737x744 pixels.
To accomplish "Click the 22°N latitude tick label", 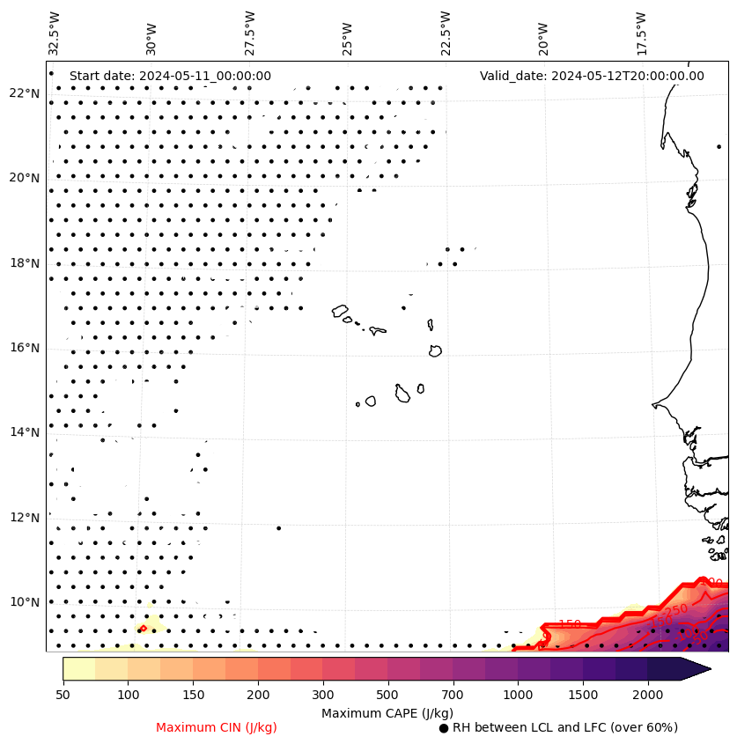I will tap(24, 93).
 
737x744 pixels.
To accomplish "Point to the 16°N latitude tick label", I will tap(24, 348).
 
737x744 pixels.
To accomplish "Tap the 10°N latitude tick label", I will tap(24, 602).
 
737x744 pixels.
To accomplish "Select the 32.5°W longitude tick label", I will tap(55, 33).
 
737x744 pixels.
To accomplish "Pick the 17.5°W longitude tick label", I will tap(640, 33).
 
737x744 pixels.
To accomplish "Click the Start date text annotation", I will tap(170, 76).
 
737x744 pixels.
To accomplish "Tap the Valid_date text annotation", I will tap(592, 76).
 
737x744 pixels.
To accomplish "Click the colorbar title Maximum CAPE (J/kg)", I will tap(387, 713).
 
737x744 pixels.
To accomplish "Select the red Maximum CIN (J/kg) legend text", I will tap(217, 728).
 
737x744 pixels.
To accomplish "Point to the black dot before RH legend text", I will tap(444, 728).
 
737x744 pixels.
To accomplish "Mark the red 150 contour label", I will tap(570, 624).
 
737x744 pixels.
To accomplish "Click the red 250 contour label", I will tap(675, 610).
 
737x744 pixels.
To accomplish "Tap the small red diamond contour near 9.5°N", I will tap(143, 628).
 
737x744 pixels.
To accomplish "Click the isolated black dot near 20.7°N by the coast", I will tap(719, 146).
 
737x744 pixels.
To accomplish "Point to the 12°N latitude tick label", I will tap(24, 518).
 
